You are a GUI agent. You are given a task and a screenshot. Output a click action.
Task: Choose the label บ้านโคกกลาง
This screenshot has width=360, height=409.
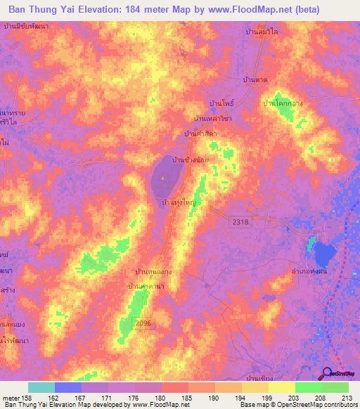point(281,103)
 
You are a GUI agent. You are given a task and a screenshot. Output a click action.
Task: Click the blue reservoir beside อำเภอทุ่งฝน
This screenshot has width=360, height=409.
point(326,253)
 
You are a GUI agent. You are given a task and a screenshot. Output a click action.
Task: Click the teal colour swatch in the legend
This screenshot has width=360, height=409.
point(41,387)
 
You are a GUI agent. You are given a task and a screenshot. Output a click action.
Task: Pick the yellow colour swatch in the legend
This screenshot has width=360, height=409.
point(282,387)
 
